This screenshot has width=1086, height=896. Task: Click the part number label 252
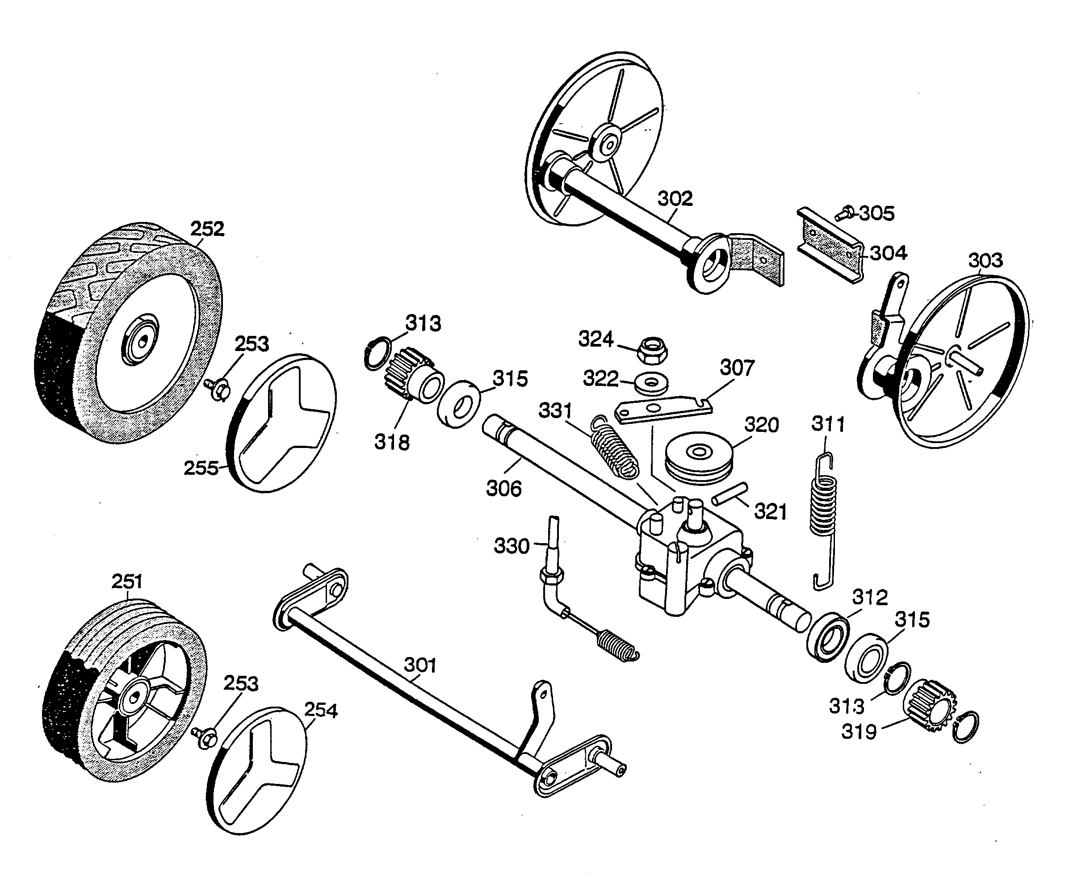[x=207, y=229]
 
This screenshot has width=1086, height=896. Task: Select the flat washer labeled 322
[x=652, y=383]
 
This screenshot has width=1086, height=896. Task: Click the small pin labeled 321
[x=730, y=494]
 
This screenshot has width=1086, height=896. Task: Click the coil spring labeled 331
[x=614, y=447]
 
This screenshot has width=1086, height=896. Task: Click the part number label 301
[x=420, y=665]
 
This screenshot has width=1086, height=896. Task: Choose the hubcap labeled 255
[x=281, y=423]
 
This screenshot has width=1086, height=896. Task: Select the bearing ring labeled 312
[x=827, y=637]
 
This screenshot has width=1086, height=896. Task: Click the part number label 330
[x=512, y=545]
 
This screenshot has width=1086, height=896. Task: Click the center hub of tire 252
[x=140, y=339]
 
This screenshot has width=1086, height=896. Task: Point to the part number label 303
[x=985, y=260]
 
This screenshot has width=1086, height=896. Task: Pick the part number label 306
[x=504, y=488]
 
